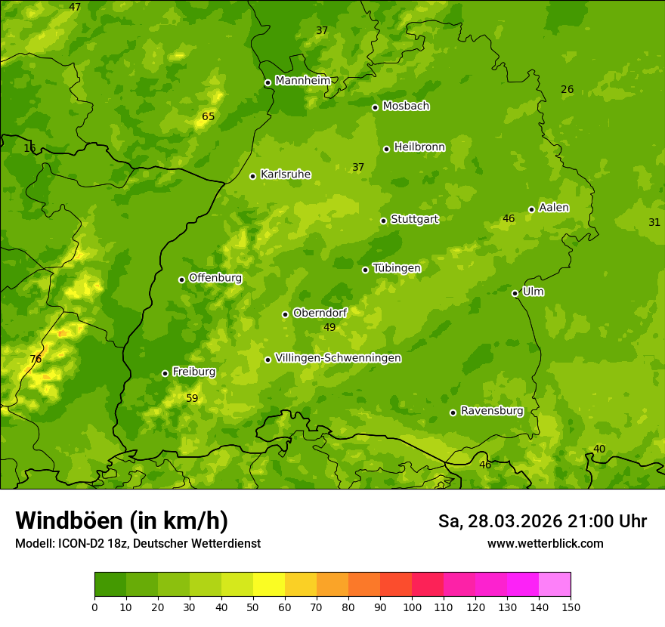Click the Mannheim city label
tap(302, 80)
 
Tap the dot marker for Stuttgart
tap(383, 221)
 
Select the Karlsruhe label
tap(285, 175)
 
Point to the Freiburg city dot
tap(165, 373)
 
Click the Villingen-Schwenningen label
tap(338, 358)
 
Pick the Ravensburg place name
tap(492, 411)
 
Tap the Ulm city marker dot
tap(515, 293)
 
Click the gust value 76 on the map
tap(36, 359)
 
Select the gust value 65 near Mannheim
tap(209, 116)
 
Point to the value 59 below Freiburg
tap(192, 398)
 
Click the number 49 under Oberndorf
tap(329, 327)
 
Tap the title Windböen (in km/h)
tap(122, 520)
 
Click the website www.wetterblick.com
tap(545, 543)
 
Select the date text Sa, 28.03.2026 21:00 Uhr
tap(542, 521)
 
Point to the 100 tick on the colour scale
tap(412, 607)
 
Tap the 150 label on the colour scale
tap(571, 607)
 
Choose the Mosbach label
tap(406, 106)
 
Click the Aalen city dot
tap(531, 209)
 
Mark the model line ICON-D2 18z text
tap(138, 543)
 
